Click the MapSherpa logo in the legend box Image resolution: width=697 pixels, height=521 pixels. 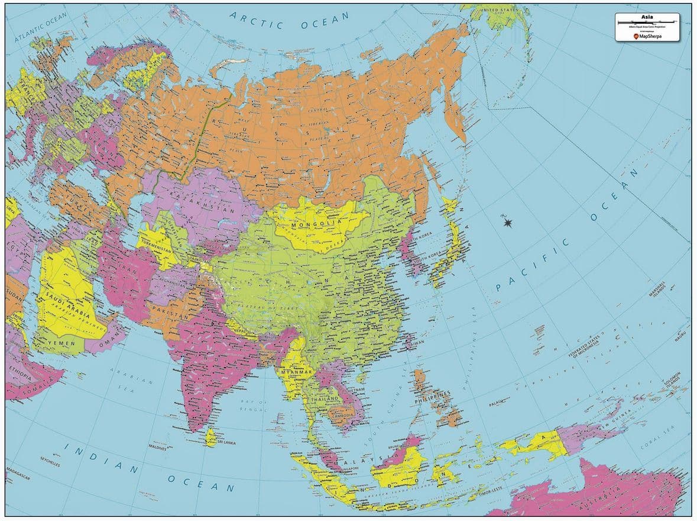(x=647, y=36)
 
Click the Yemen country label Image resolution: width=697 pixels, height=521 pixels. (x=62, y=342)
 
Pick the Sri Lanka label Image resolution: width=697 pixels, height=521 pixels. (x=227, y=442)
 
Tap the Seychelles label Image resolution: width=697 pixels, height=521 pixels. (x=50, y=459)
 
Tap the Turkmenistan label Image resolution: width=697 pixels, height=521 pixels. (x=155, y=250)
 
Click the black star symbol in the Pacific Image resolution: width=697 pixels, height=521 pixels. (x=507, y=223)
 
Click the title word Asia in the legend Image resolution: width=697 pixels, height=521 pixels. (x=647, y=17)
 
